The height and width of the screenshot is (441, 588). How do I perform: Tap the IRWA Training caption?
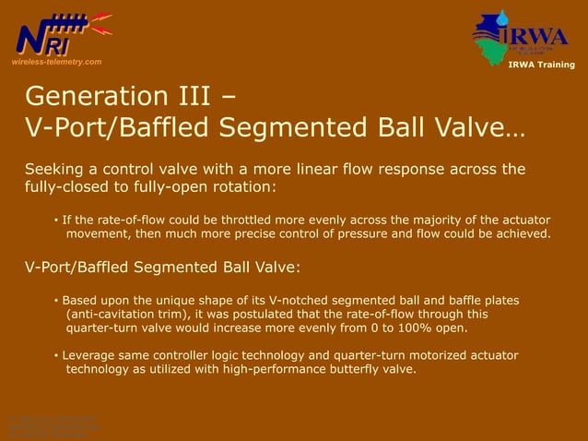pos(541,65)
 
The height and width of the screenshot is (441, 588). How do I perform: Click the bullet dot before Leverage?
pos(56,356)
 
